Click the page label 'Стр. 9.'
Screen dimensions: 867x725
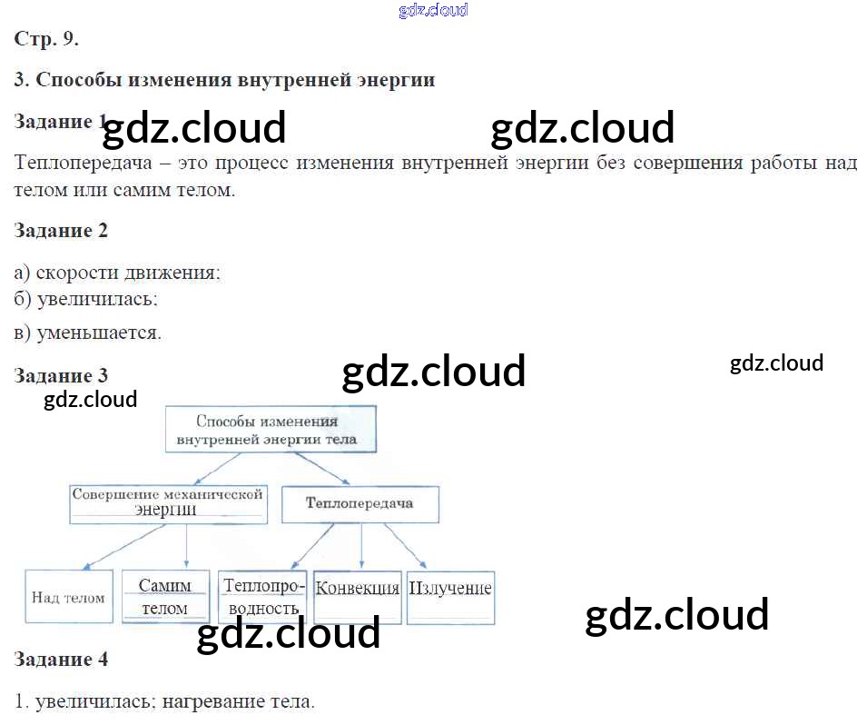pyautogui.click(x=46, y=39)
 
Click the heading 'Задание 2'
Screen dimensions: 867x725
pyautogui.click(x=61, y=230)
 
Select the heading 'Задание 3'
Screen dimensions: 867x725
pyautogui.click(x=61, y=376)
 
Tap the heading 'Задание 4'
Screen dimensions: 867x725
pyautogui.click(x=61, y=660)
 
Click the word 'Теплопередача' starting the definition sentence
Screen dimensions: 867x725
pyautogui.click(x=83, y=163)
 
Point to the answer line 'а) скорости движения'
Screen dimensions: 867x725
pyautogui.click(x=117, y=273)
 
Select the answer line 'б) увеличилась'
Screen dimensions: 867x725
pyautogui.click(x=85, y=300)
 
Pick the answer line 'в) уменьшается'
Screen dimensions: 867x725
pyautogui.click(x=87, y=333)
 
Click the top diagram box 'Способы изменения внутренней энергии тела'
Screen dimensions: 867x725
pyautogui.click(x=271, y=430)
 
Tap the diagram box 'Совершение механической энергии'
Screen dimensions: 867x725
pyautogui.click(x=169, y=504)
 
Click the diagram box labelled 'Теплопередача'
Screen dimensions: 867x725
pyautogui.click(x=360, y=504)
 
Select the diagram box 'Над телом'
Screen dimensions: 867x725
pyautogui.click(x=69, y=597)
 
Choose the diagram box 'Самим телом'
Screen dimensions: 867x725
pyautogui.click(x=166, y=597)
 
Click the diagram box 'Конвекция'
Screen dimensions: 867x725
pyautogui.click(x=358, y=597)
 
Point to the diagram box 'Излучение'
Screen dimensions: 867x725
pyautogui.click(x=450, y=598)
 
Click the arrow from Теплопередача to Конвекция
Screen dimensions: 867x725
pyautogui.click(x=361, y=546)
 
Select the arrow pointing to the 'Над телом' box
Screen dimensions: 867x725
pyautogui.click(x=123, y=547)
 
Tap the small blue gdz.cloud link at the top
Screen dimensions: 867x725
pyautogui.click(x=434, y=10)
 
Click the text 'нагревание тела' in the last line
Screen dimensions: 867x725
pyautogui.click(x=239, y=701)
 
